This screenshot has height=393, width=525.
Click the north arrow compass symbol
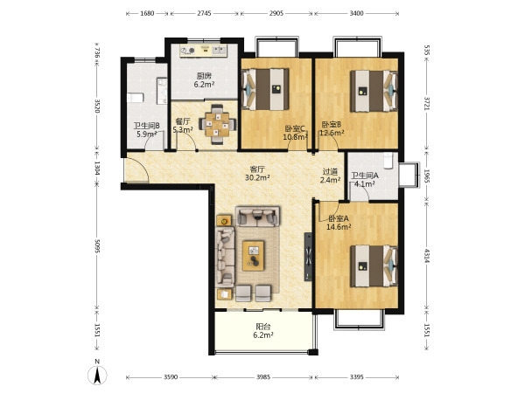click(97, 375)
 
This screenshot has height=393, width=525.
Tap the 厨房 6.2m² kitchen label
click(204, 80)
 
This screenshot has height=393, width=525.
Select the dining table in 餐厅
click(218, 124)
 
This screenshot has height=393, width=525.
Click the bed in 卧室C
click(265, 89)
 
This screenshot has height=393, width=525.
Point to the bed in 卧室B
click(374, 91)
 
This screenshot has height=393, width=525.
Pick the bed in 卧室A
click(374, 266)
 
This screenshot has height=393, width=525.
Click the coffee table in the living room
click(254, 256)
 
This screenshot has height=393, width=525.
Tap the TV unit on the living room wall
click(308, 257)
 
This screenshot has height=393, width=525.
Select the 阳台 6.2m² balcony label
click(263, 331)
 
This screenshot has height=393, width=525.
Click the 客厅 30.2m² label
click(257, 174)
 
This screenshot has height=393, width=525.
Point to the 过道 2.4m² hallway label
click(330, 176)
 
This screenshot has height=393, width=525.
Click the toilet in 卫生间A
click(388, 160)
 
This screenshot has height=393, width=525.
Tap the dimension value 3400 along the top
click(356, 13)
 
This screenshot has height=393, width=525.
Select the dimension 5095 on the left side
click(97, 245)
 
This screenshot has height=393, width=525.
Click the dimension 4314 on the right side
click(427, 255)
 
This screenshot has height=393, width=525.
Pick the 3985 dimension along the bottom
click(263, 377)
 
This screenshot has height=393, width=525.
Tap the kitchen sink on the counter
click(220, 50)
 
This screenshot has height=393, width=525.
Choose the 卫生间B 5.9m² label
click(147, 130)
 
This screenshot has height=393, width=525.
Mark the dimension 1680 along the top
click(147, 13)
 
